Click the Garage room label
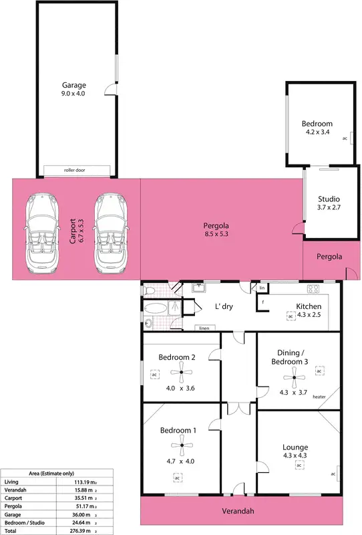(x=73, y=85)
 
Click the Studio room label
(x=328, y=199)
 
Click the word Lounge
(x=295, y=447)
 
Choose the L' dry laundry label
(x=223, y=307)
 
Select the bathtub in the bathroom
(x=158, y=310)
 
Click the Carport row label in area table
(x=11, y=498)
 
